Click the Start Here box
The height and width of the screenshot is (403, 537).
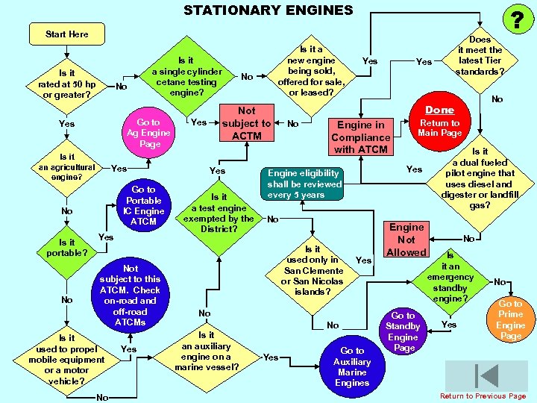66,34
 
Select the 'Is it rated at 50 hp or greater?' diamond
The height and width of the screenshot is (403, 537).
67,84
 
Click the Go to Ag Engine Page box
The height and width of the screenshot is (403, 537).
148,133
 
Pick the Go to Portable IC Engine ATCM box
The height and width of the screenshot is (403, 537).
143,205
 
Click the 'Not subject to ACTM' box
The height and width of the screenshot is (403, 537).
246,123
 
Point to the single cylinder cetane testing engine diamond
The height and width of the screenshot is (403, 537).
186,77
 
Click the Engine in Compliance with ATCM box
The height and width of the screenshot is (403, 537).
361,137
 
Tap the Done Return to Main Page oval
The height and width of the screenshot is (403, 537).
439,122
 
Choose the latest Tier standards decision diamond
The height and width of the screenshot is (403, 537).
480,55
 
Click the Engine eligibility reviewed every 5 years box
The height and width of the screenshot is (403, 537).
304,184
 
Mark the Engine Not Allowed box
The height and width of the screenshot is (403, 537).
406,239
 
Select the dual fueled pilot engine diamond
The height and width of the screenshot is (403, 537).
480,178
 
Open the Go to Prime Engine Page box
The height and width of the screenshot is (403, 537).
511,319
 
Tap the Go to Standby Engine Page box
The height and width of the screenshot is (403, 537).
403,331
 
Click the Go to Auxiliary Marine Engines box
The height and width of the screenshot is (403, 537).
352,366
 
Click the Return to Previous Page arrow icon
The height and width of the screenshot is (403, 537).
489,375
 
